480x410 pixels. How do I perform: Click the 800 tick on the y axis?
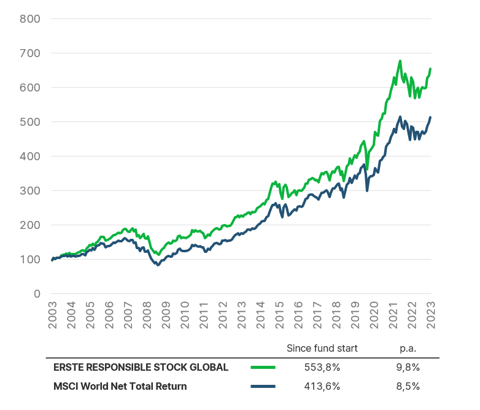pos(29,18)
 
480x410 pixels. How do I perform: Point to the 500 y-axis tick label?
pos(29,122)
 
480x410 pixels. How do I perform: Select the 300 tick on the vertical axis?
pos(29,190)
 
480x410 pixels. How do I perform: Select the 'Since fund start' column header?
pos(322,348)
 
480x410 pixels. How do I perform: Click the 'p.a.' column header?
pos(408,348)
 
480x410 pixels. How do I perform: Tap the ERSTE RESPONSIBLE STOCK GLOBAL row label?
pos(141,367)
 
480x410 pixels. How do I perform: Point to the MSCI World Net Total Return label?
pos(120,386)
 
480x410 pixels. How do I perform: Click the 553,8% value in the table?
pos(322,367)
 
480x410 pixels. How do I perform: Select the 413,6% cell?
pos(322,386)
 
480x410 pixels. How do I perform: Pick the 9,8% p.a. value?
pos(408,367)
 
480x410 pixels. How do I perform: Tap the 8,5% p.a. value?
pos(408,386)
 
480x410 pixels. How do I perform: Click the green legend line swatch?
pos(263,367)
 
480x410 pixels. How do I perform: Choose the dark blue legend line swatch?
pos(263,386)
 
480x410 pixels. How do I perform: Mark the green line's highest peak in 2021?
pos(400,61)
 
